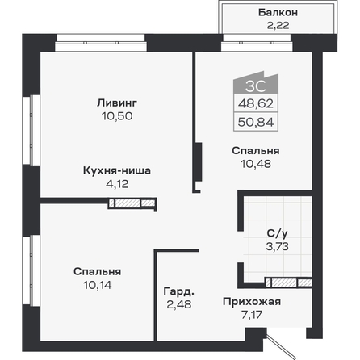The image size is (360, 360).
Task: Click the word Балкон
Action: coord(278,12)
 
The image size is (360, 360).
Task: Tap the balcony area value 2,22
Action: coord(278,25)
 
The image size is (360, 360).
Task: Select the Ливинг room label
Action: coord(117,103)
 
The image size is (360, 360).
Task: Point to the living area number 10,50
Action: coord(117,116)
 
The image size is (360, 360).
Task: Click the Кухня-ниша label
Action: coord(117,170)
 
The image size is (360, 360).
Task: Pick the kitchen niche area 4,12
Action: coord(117,184)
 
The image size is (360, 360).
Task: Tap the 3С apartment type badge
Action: coord(256,86)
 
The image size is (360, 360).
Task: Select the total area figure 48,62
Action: coord(256,103)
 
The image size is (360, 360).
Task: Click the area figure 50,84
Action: coord(256,123)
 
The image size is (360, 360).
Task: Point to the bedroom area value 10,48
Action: coord(256,164)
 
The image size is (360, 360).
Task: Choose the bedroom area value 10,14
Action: coord(98,285)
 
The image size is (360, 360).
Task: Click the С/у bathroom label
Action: coord(277,233)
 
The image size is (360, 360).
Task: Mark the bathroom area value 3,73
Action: coord(278,246)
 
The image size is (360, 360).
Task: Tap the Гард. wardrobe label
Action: coord(179,291)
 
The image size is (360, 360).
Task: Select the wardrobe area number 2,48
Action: coord(179,304)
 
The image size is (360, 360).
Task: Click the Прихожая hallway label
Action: coord(252,302)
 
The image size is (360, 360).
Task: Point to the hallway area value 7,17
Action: coord(252,315)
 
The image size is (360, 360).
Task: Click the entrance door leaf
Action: coord(280,346)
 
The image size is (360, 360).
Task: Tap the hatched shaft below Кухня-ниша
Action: coord(132,203)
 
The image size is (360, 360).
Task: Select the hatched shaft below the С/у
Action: coord(289,283)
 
